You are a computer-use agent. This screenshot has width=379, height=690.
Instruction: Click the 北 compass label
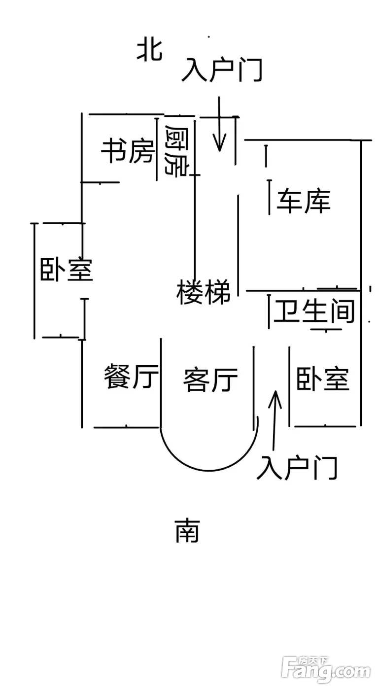click(149, 51)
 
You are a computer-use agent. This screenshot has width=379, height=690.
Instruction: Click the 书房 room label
click(127, 151)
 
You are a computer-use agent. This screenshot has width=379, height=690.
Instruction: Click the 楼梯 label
click(204, 292)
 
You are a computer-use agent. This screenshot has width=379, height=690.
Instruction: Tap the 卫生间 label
click(314, 312)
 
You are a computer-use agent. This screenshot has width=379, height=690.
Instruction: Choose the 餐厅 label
click(132, 378)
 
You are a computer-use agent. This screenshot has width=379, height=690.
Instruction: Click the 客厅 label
click(210, 379)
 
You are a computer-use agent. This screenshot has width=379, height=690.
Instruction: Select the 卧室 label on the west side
click(67, 270)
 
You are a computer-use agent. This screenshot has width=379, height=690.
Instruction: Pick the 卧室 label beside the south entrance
click(323, 379)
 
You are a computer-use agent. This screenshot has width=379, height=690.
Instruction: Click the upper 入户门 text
click(222, 70)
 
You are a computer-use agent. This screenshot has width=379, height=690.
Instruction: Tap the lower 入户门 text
click(297, 468)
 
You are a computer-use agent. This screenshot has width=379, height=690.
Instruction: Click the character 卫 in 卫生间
click(284, 312)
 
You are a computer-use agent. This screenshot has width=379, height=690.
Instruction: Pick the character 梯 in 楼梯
click(217, 292)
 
